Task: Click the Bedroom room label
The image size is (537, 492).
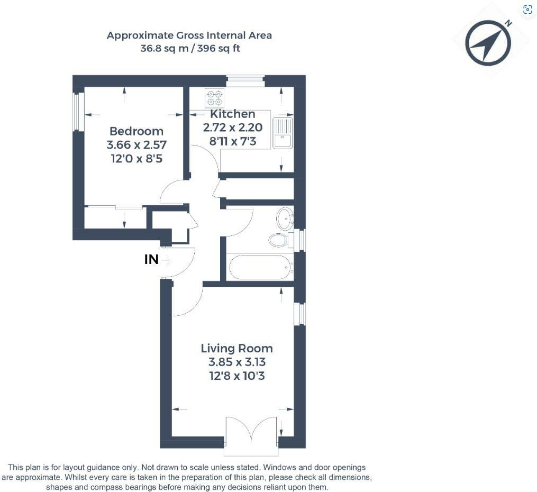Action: [136, 131]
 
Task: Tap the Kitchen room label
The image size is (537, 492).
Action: [232, 114]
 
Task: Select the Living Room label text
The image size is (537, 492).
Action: [236, 348]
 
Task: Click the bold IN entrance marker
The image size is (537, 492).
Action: [151, 260]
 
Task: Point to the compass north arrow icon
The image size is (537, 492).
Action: [488, 43]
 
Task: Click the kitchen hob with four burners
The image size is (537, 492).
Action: [214, 98]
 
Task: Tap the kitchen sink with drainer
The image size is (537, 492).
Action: [283, 133]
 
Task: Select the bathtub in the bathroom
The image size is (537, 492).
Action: [260, 268]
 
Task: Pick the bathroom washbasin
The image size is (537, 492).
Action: [285, 218]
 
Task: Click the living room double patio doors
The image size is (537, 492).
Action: [251, 435]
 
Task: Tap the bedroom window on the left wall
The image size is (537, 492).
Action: [78, 112]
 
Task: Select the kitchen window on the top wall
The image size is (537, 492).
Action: [245, 81]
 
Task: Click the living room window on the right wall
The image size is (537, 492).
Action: [300, 314]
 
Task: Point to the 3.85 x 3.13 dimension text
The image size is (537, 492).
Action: [236, 362]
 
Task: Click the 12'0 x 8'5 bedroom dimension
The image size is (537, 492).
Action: [136, 158]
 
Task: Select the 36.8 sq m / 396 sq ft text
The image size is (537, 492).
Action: [189, 48]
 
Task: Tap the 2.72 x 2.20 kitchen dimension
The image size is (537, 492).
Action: [232, 127]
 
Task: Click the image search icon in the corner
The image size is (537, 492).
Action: [527, 10]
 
